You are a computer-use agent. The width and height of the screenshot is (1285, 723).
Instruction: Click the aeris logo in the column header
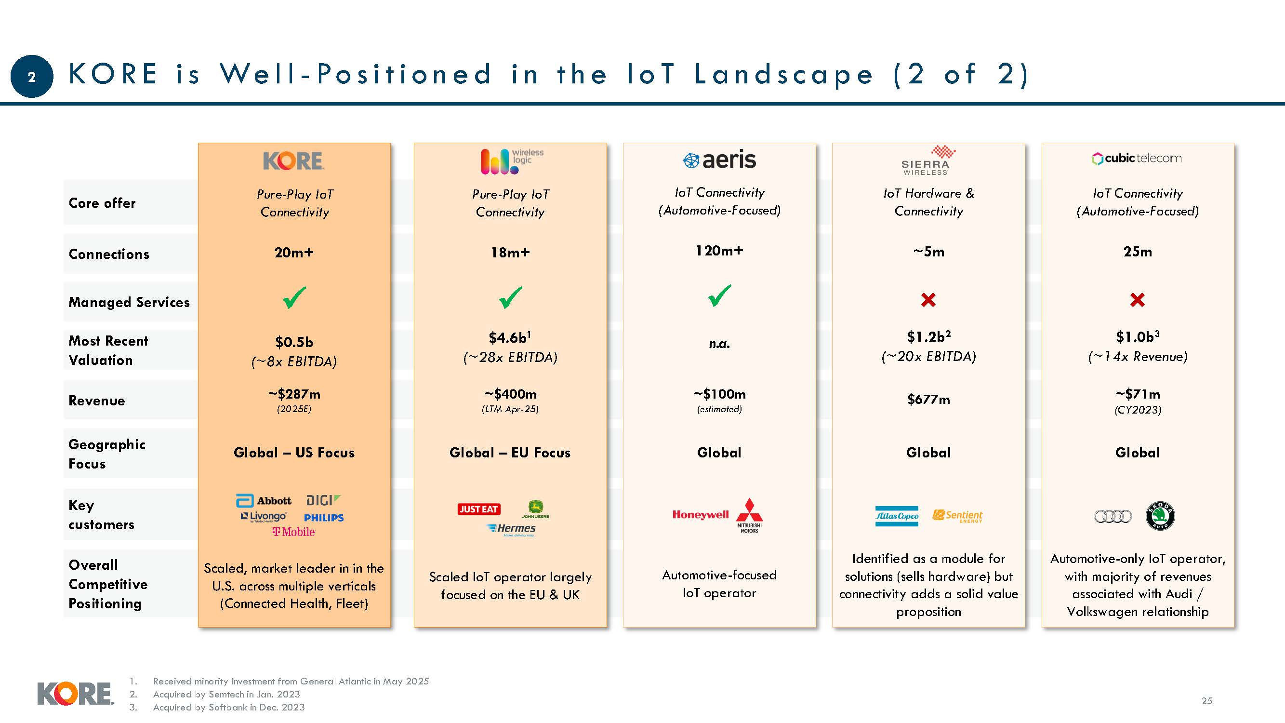pyautogui.click(x=719, y=160)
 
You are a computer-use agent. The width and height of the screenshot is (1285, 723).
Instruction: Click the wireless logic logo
pyautogui.click(x=511, y=161)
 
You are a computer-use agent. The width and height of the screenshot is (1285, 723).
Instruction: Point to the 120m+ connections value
pyautogui.click(x=719, y=251)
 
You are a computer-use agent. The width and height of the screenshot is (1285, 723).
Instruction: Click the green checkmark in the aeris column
pyautogui.click(x=719, y=296)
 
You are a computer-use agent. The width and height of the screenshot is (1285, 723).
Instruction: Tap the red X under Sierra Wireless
pyautogui.click(x=928, y=300)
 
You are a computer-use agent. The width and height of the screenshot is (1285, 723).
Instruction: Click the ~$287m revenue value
pyautogui.click(x=294, y=394)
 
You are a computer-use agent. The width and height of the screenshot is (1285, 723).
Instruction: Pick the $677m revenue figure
pyautogui.click(x=928, y=399)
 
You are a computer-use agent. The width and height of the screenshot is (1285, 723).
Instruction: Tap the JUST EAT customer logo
pyautogui.click(x=478, y=509)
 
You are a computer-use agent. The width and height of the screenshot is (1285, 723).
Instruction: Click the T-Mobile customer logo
pyautogui.click(x=293, y=532)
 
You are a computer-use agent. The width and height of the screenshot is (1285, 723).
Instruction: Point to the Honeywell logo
pyautogui.click(x=700, y=514)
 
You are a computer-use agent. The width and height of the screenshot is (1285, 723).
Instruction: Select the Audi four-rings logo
pyautogui.click(x=1113, y=516)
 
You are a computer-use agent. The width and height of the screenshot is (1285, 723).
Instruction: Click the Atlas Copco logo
pyautogui.click(x=896, y=516)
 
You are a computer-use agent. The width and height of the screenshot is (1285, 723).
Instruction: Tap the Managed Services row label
pyautogui.click(x=129, y=302)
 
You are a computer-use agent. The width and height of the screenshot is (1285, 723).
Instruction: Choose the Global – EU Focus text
pyautogui.click(x=510, y=453)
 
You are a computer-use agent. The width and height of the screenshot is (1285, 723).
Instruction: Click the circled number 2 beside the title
pyautogui.click(x=31, y=77)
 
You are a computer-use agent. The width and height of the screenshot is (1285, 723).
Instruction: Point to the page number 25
pyautogui.click(x=1206, y=700)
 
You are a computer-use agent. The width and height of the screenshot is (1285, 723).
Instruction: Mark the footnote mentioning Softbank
pyautogui.click(x=228, y=707)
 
